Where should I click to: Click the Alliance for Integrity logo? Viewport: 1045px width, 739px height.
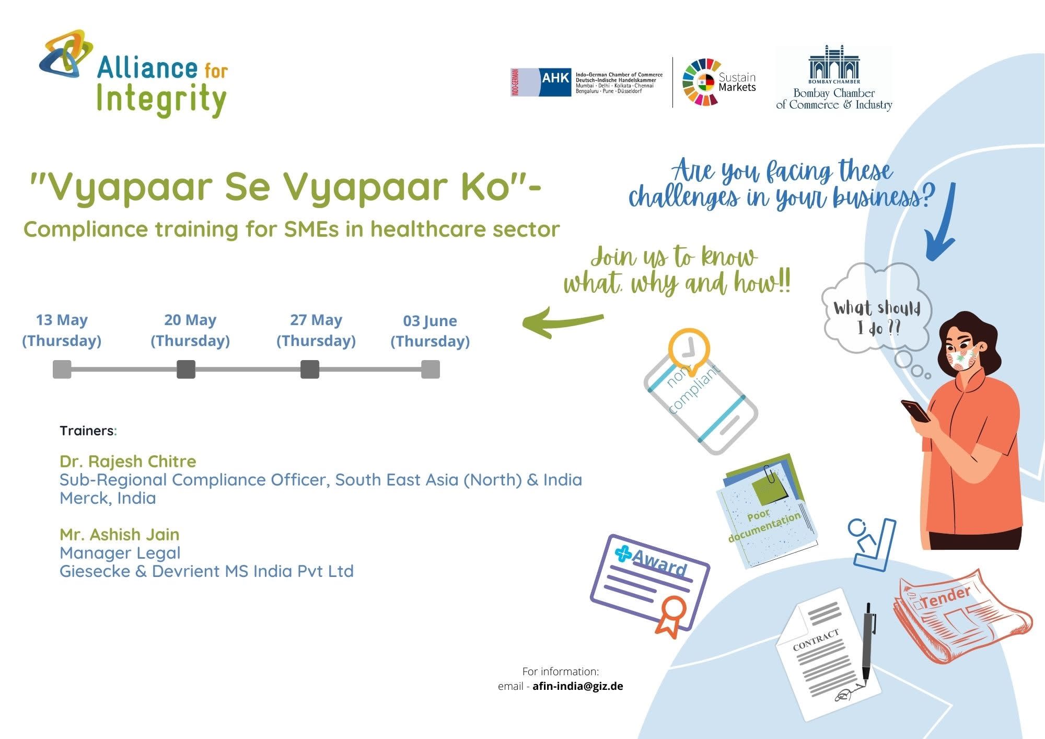coord(134,73)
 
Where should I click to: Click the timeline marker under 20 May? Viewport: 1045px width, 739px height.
coord(186,369)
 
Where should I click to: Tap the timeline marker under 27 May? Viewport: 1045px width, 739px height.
coord(310,369)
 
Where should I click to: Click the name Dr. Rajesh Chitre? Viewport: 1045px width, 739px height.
coord(128,461)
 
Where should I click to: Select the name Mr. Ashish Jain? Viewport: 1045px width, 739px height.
coord(120,534)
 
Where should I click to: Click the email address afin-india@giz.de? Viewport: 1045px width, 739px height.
coord(578,686)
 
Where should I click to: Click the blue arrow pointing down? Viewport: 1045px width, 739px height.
coord(941,222)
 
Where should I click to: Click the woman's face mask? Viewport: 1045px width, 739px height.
coord(962,358)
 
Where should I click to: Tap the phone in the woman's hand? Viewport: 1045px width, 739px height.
coord(916,410)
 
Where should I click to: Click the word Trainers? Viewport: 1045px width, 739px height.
coord(87,431)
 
